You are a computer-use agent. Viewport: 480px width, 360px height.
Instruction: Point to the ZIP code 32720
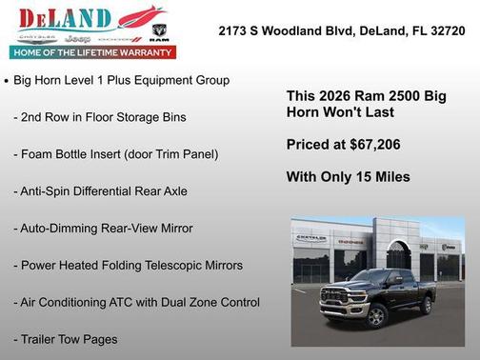pos(448,30)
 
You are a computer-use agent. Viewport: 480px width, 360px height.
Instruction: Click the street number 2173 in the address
pos(234,30)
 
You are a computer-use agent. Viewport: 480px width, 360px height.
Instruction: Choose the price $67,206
pos(371,145)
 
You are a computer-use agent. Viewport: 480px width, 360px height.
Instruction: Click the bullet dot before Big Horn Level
pos(7,82)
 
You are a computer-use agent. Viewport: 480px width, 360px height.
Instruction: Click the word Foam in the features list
pos(39,154)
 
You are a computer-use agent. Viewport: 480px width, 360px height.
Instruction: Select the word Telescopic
pos(170,266)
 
